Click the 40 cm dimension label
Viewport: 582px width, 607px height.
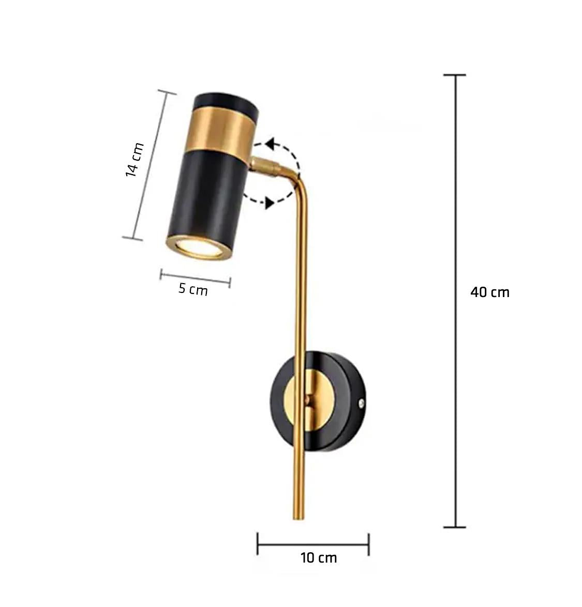490,292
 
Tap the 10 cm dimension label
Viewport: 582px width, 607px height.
318,558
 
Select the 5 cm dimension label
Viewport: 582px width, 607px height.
193,289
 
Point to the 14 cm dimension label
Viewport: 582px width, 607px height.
134,160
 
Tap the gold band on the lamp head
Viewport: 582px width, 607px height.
220,134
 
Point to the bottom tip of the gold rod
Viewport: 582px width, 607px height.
299,518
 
